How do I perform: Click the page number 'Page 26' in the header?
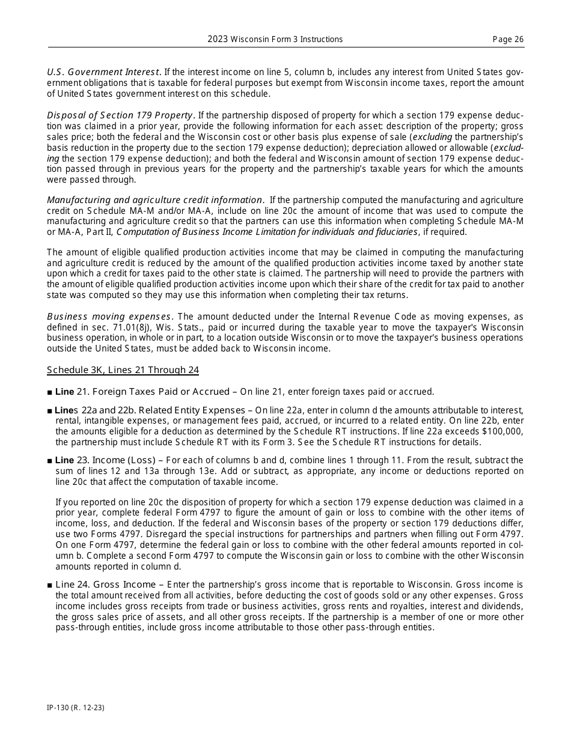[x=508, y=40]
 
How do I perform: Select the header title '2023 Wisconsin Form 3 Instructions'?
[x=275, y=40]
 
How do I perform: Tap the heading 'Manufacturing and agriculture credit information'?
[x=154, y=200]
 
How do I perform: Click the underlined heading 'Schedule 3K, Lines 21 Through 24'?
[x=123, y=370]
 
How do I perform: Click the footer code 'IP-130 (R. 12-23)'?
[x=76, y=708]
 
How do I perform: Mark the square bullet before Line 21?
[x=49, y=392]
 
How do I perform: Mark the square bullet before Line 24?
[x=49, y=585]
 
